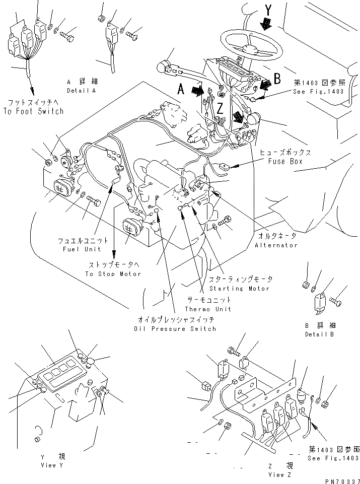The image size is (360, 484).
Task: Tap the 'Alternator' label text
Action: tap(276, 245)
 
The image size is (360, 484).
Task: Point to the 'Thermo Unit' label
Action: tap(201, 309)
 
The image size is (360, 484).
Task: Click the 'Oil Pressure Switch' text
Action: tap(176, 328)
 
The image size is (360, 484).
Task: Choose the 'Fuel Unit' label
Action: tap(82, 249)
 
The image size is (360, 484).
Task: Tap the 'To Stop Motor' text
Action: tap(113, 273)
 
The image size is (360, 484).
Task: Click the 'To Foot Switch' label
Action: tap(33, 111)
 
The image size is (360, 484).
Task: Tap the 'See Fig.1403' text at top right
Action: tap(319, 92)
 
